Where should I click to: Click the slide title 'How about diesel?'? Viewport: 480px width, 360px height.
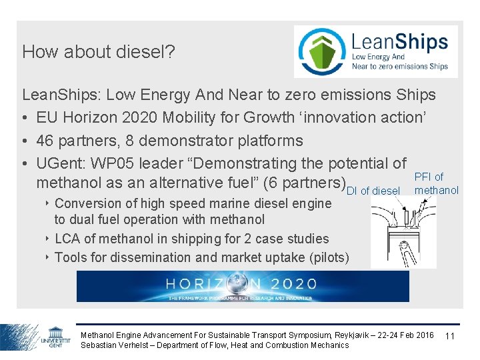click(99, 52)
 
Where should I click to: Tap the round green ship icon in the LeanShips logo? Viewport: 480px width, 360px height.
click(322, 52)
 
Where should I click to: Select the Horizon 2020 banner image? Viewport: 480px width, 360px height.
click(243, 287)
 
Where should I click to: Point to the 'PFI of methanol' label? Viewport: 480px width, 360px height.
click(436, 183)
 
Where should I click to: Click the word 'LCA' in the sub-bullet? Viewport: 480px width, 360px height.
click(68, 239)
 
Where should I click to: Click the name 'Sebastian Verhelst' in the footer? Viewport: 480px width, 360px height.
click(112, 345)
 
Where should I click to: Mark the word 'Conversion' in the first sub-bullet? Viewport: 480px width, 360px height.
click(86, 203)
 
